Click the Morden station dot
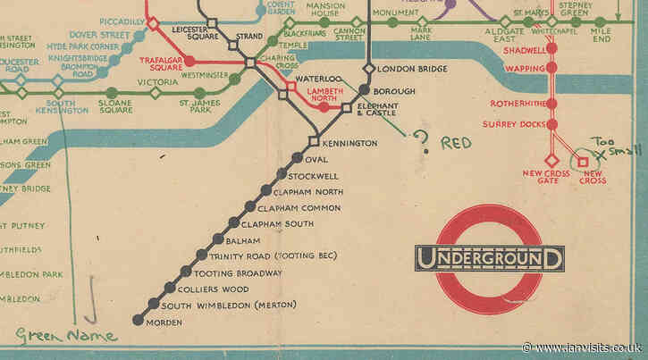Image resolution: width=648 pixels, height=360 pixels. (x=138, y=319)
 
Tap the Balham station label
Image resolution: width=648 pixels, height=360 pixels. (x=243, y=240)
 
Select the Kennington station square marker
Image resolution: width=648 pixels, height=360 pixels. (x=314, y=141)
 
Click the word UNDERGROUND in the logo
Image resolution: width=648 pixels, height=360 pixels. (x=490, y=259)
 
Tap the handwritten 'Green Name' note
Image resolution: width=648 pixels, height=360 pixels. (x=66, y=337)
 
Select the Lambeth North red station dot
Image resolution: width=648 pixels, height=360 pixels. (x=324, y=108)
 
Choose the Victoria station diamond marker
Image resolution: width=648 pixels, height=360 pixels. (x=156, y=92)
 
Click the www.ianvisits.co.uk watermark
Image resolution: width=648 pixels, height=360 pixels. (x=581, y=347)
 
